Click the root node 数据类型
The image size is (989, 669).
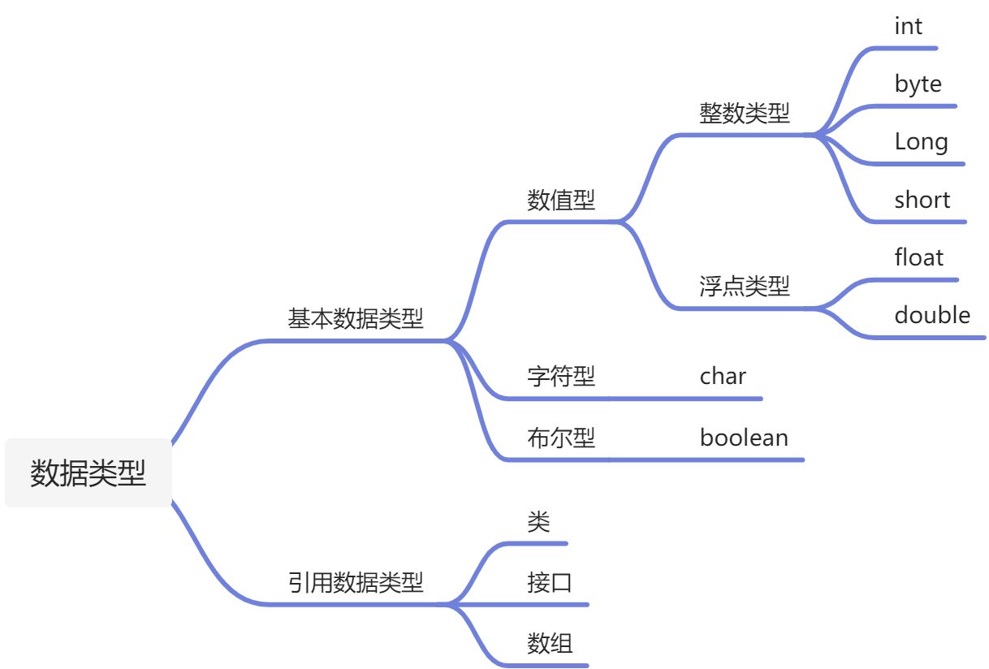[x=88, y=473]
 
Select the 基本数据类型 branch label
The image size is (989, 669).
[x=356, y=318]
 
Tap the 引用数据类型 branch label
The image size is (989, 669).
[x=356, y=581]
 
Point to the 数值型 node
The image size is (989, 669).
[x=561, y=200]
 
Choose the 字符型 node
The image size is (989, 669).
[x=561, y=376]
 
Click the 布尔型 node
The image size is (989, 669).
[x=561, y=438]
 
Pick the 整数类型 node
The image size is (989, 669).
[x=744, y=113]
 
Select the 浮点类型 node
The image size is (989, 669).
[x=744, y=286]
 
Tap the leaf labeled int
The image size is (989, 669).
[x=908, y=27]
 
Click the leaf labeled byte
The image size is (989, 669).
[x=918, y=84]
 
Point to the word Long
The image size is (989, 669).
[x=921, y=142]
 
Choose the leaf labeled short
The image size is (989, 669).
[x=922, y=200]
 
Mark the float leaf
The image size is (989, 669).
[x=918, y=257]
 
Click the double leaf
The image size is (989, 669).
[x=932, y=315]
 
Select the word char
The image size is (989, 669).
[x=723, y=376]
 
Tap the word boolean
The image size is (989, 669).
[x=744, y=438]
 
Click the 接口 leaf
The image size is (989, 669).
[x=550, y=582]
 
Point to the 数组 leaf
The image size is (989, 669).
[x=550, y=644]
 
